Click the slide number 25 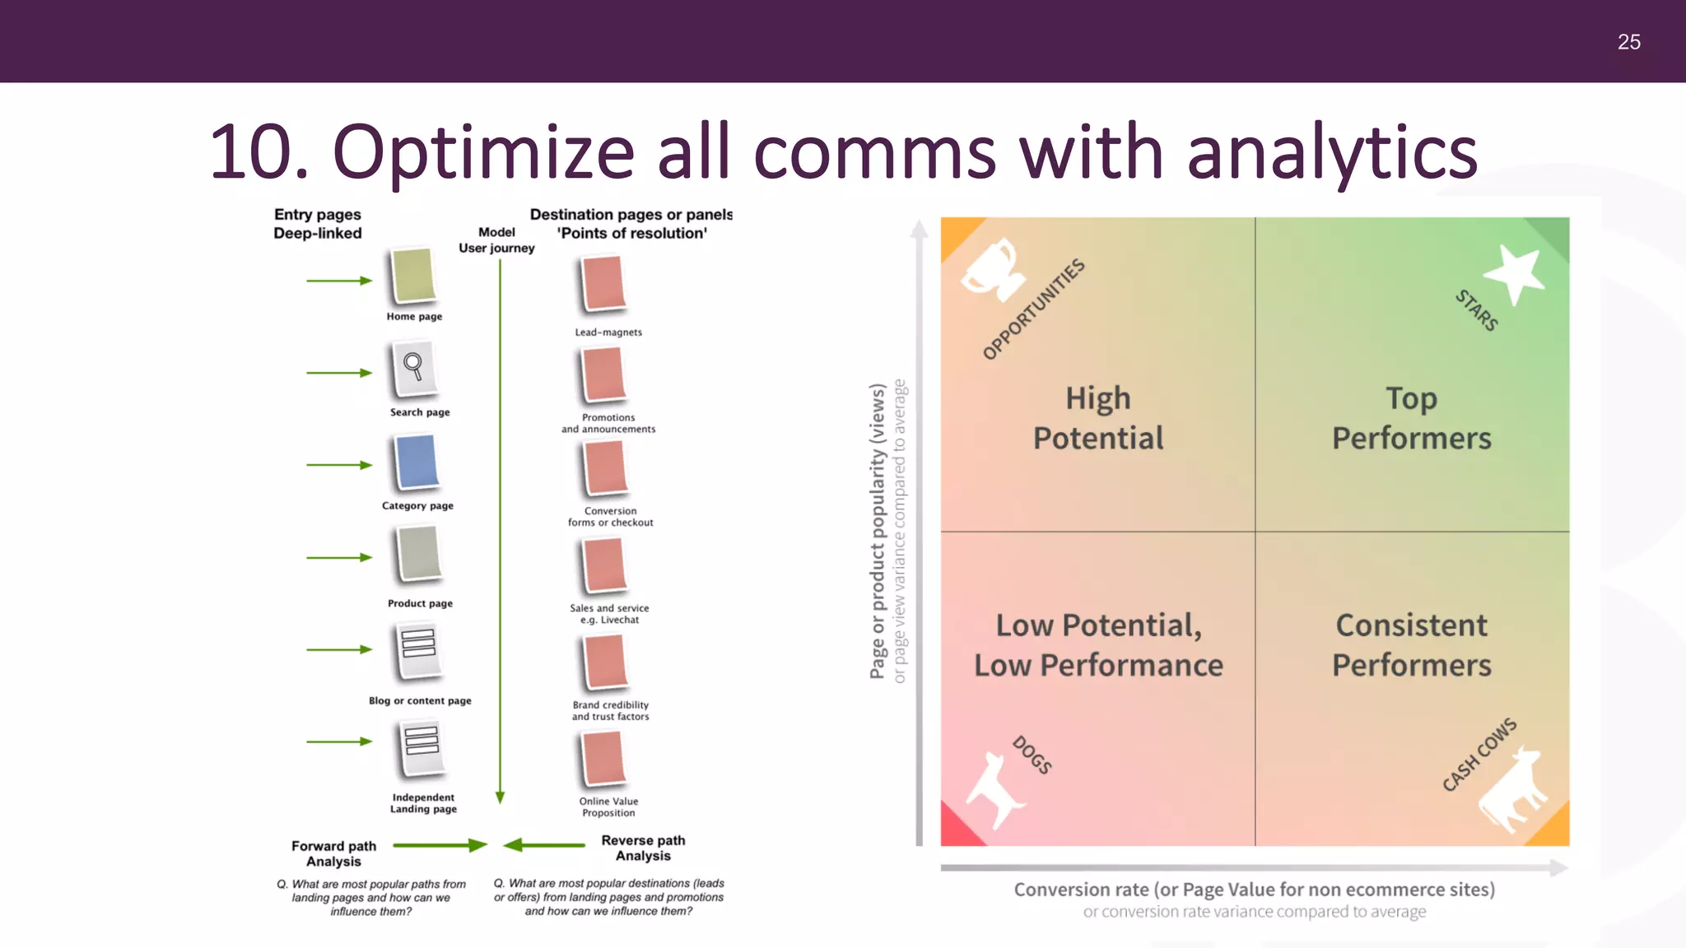pyautogui.click(x=1628, y=42)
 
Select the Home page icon pyautogui.click(x=413, y=276)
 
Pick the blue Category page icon pyautogui.click(x=417, y=462)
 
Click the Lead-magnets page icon pyautogui.click(x=603, y=284)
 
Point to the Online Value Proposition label pyautogui.click(x=608, y=806)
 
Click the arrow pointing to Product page pyautogui.click(x=339, y=557)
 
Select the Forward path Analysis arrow pyautogui.click(x=440, y=845)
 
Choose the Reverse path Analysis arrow pyautogui.click(x=544, y=845)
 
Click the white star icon pyautogui.click(x=1514, y=273)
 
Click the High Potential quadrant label pyautogui.click(x=1098, y=418)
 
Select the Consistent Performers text pyautogui.click(x=1411, y=644)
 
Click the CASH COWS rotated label pyautogui.click(x=1479, y=754)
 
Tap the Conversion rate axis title pyautogui.click(x=1254, y=890)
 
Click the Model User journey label pyautogui.click(x=496, y=239)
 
